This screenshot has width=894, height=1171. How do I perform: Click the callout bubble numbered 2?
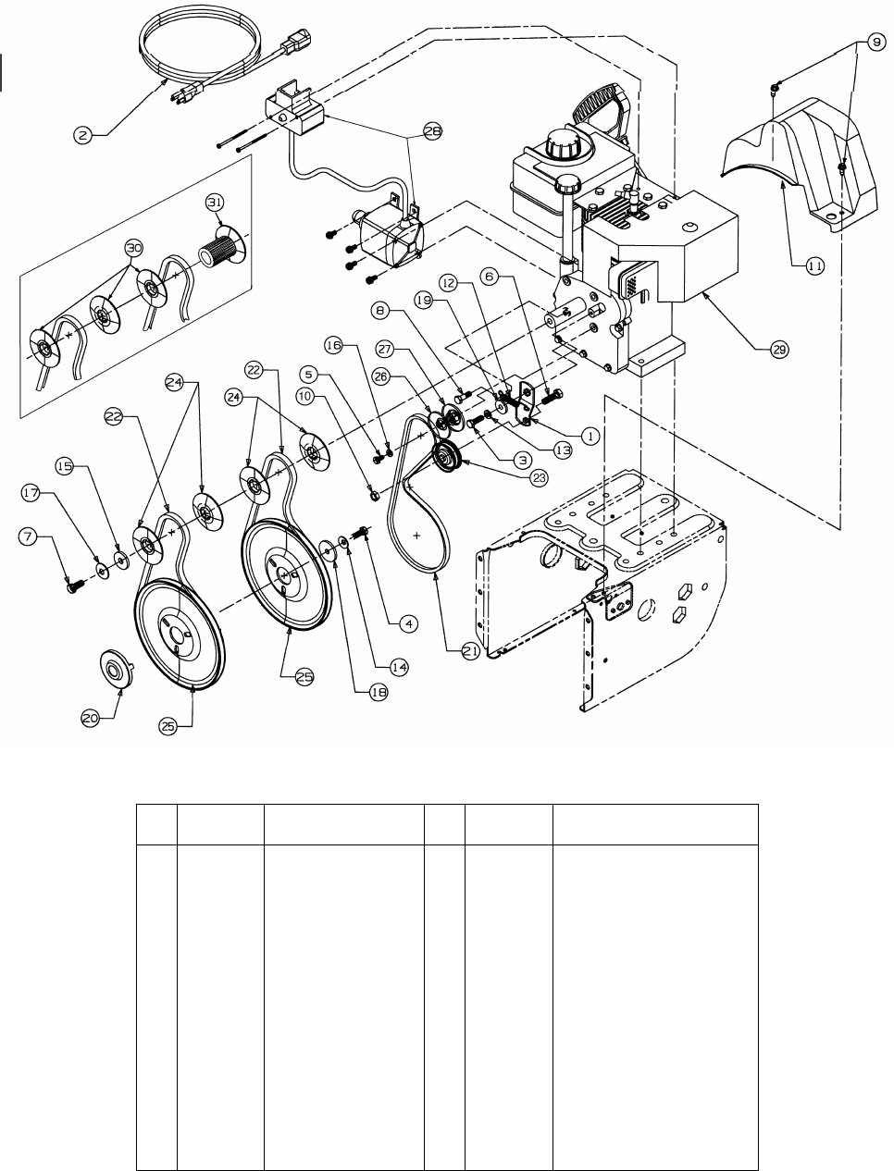82,135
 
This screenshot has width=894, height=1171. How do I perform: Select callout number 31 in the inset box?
215,203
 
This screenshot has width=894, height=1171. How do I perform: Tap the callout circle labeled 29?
779,350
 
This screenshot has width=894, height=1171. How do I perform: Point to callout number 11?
814,265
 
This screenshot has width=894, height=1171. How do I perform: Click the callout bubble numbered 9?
875,43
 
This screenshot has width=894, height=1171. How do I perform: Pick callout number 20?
90,718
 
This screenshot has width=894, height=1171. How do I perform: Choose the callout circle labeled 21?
470,651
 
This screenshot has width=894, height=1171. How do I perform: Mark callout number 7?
29,536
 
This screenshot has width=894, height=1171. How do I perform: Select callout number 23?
540,477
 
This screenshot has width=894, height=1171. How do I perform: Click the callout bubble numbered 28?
433,131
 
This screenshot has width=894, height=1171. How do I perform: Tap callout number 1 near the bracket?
590,436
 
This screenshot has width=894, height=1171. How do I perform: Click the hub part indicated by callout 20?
116,668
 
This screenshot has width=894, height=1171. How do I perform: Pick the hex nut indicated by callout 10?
375,496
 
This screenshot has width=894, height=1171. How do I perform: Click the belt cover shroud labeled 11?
799,164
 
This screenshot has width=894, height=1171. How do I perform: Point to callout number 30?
133,248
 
